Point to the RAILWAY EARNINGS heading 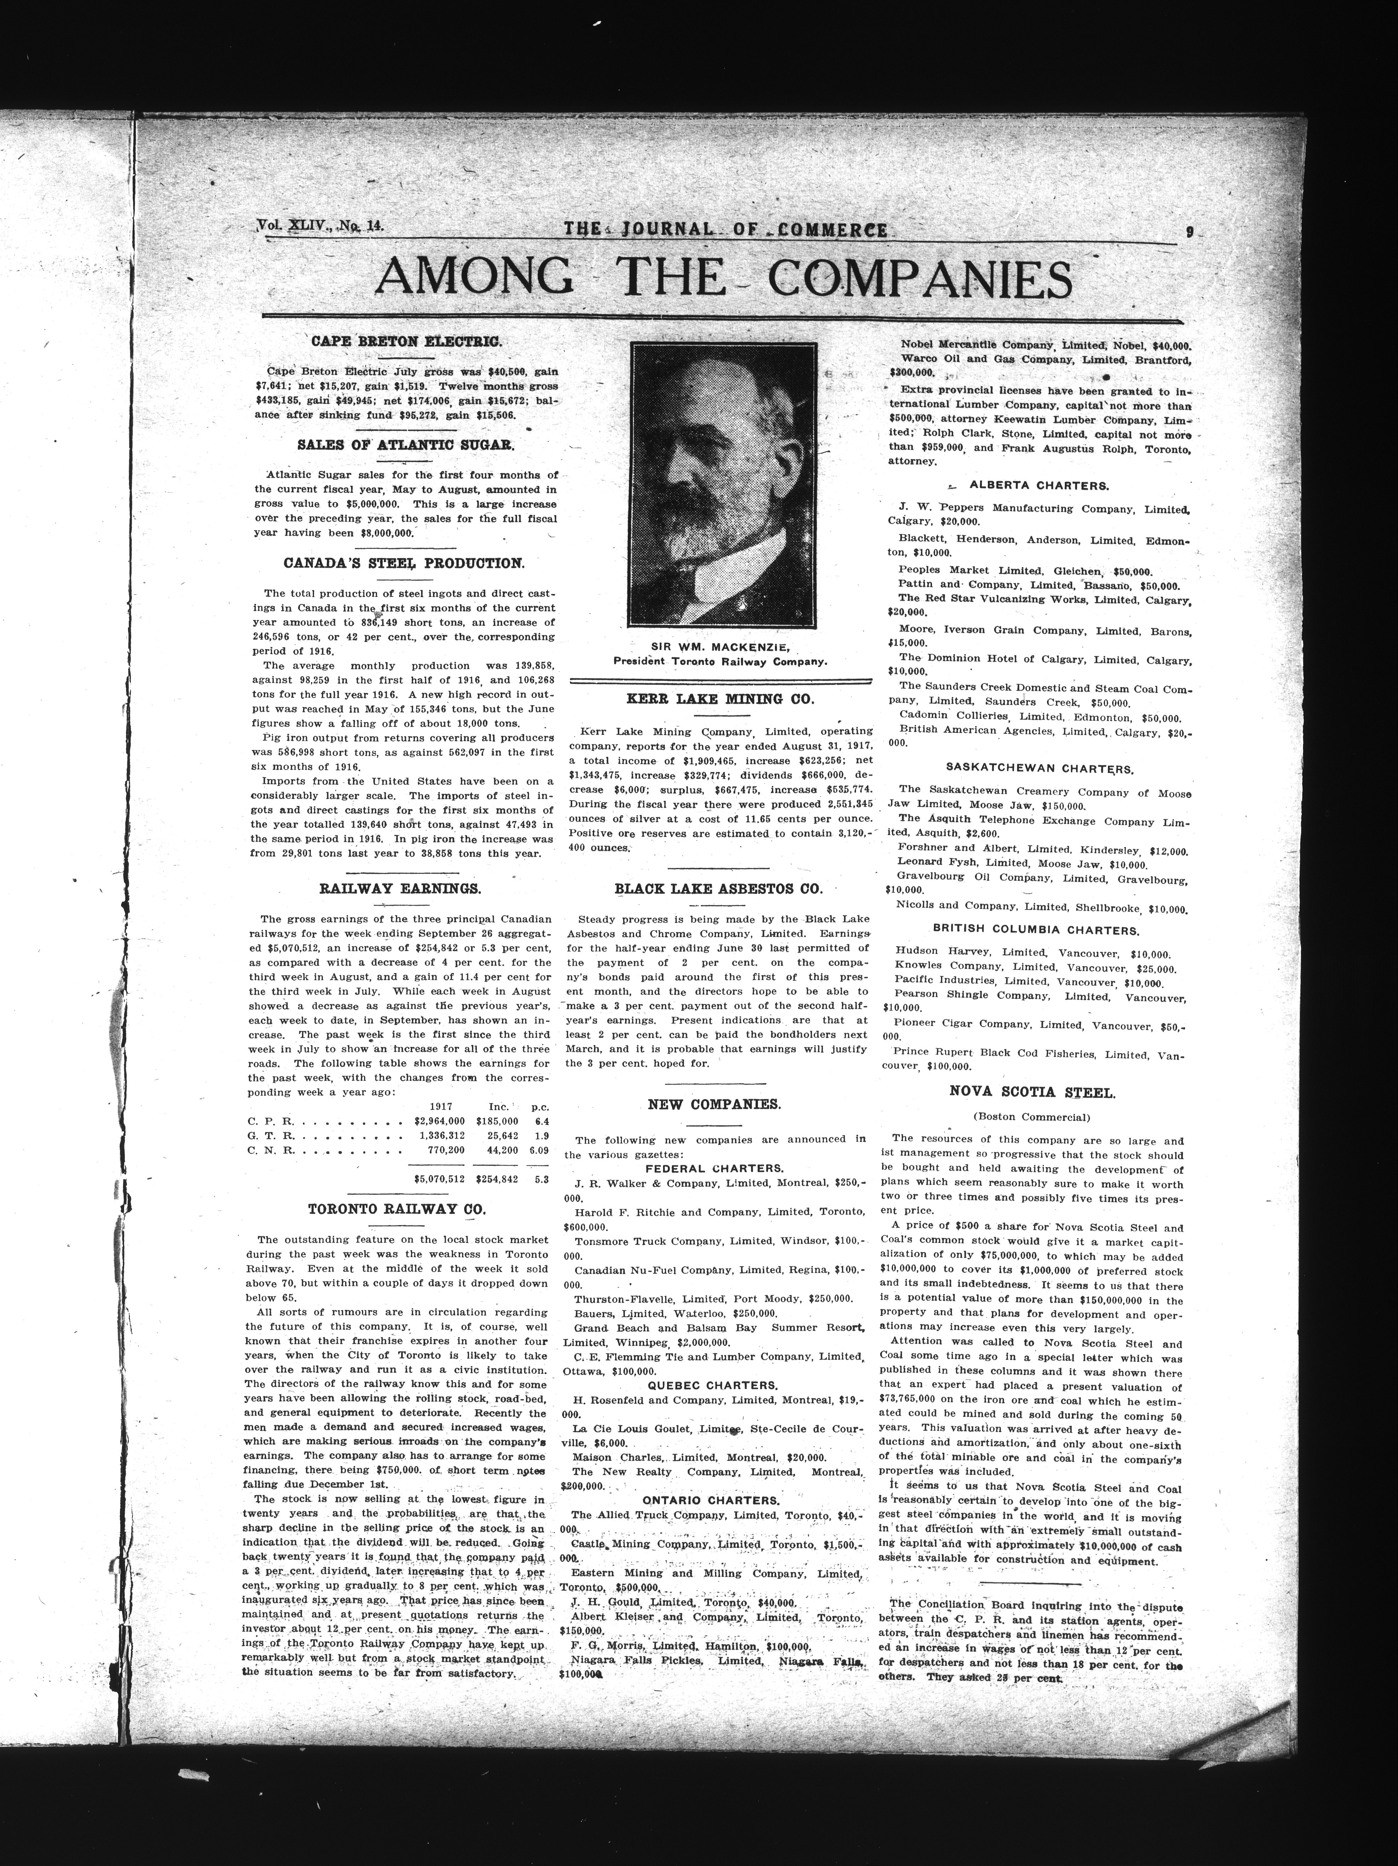(400, 888)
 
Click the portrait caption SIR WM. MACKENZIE (724, 647)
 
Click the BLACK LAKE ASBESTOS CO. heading (718, 888)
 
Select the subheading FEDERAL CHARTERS (714, 1168)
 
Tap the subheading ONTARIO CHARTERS (711, 1500)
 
